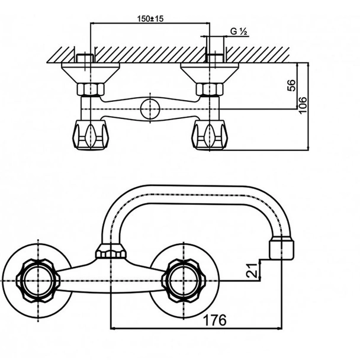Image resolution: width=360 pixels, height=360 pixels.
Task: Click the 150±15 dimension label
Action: click(149, 18)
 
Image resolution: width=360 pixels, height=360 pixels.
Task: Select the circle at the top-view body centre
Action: click(150, 109)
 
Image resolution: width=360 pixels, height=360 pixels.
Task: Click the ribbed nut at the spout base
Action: click(110, 251)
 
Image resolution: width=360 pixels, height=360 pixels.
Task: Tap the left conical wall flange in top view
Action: click(87, 75)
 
